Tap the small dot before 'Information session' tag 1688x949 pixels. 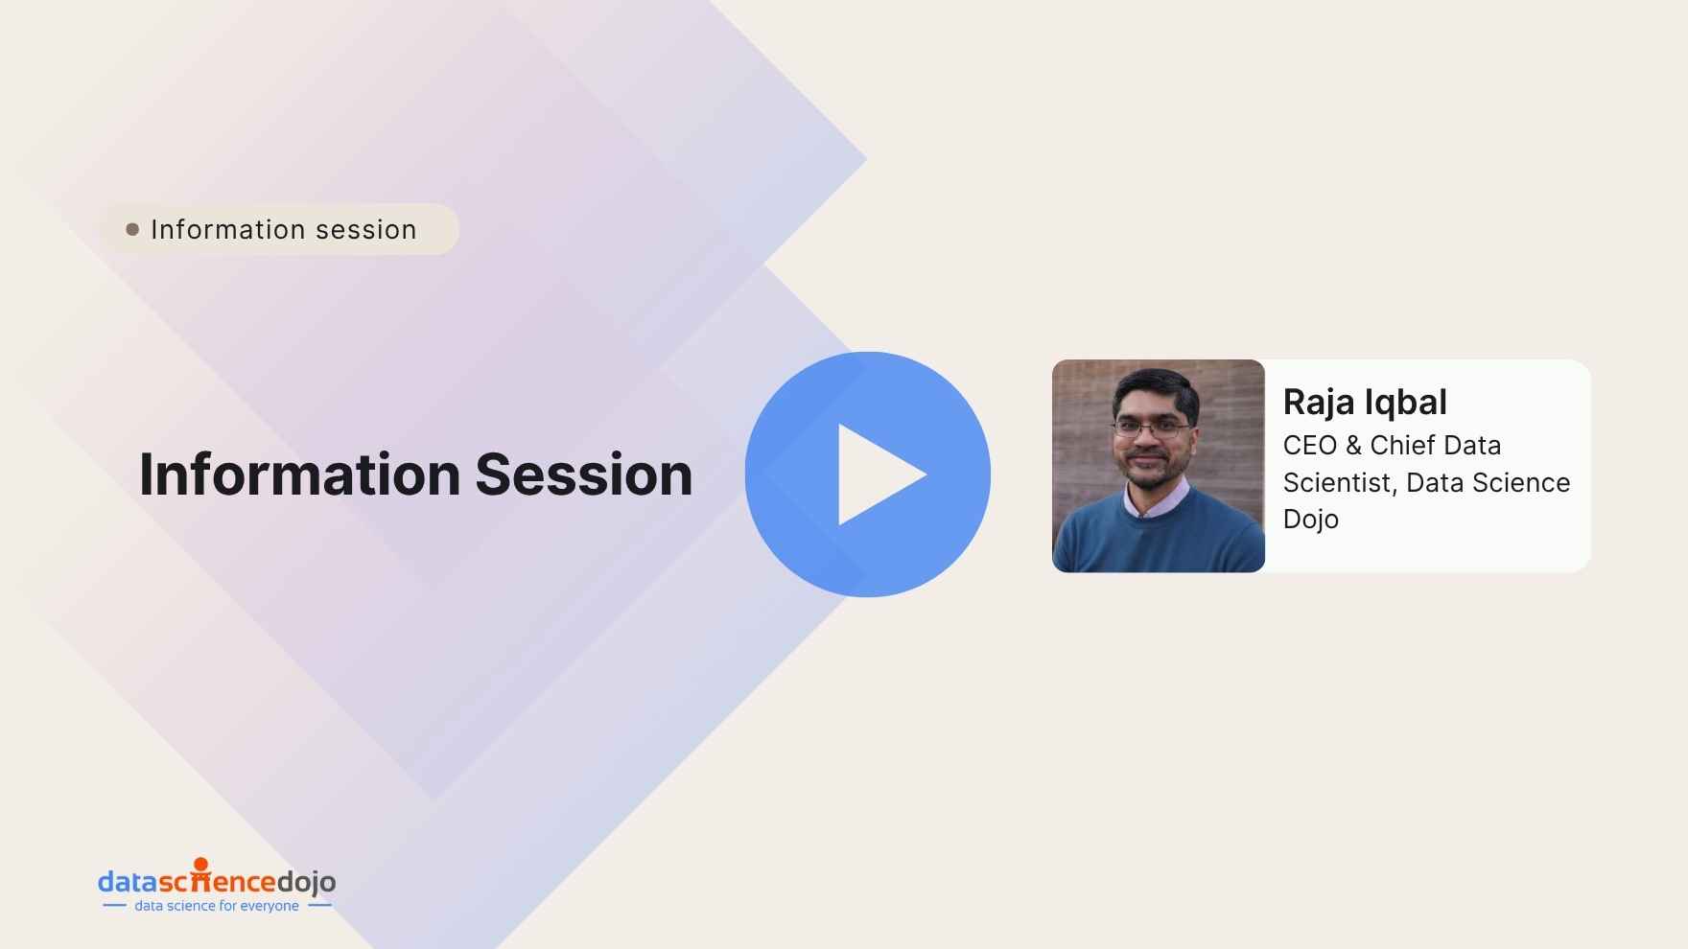(x=132, y=229)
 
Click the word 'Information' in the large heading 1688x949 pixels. (x=300, y=474)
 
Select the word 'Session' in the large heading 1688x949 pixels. (x=583, y=474)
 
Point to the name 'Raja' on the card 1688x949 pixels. (x=1317, y=403)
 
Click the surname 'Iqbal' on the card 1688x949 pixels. (x=1406, y=403)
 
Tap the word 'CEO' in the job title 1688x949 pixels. (x=1310, y=445)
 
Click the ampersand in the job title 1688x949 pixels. (x=1353, y=445)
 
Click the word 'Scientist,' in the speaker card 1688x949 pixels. (x=1340, y=483)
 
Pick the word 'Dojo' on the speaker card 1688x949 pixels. (x=1311, y=520)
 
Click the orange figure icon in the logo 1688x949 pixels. (x=200, y=873)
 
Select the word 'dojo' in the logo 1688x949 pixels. (x=306, y=883)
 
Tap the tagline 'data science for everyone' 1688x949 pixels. (x=217, y=906)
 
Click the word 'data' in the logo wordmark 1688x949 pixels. (x=128, y=882)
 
